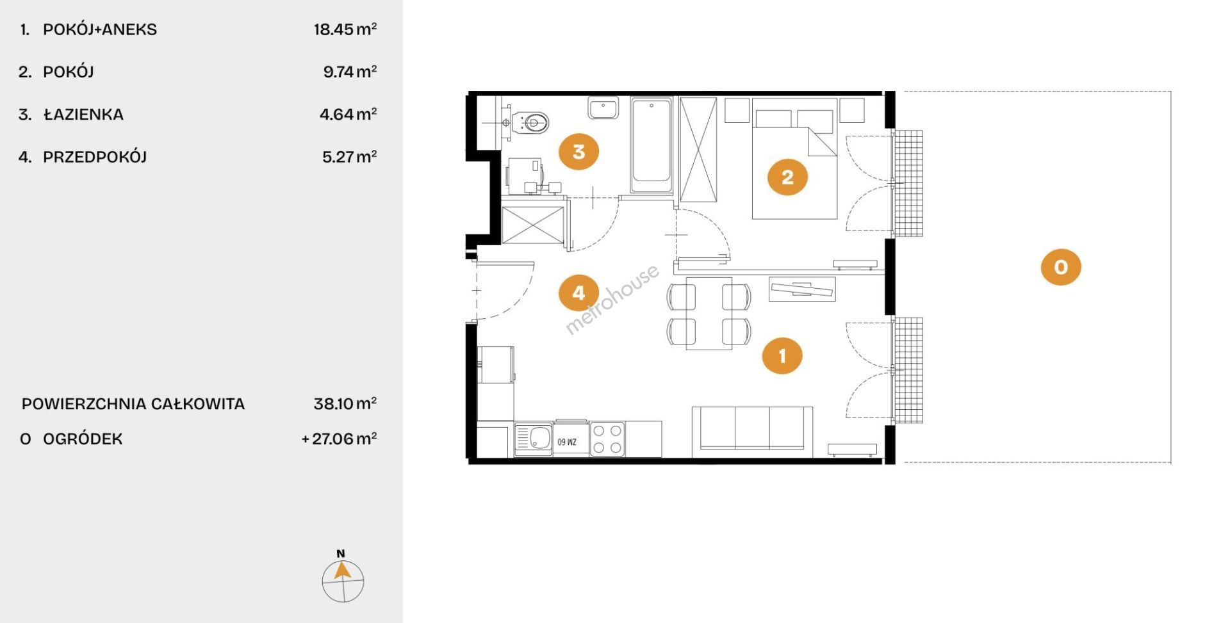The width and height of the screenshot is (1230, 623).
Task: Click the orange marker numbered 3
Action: click(x=578, y=152)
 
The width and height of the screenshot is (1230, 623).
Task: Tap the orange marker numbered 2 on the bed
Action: click(x=787, y=177)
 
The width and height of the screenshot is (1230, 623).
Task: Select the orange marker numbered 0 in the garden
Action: click(x=1061, y=266)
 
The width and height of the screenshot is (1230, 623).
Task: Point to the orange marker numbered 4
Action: click(x=578, y=293)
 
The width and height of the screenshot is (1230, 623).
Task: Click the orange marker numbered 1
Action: click(x=782, y=355)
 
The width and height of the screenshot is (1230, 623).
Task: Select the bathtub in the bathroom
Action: click(x=652, y=145)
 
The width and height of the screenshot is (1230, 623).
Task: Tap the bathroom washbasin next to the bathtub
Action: click(x=603, y=108)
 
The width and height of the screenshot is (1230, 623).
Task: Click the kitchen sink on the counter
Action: click(x=533, y=439)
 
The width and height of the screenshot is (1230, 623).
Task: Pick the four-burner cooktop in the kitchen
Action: click(x=607, y=439)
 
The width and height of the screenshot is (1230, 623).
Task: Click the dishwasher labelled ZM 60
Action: click(x=571, y=439)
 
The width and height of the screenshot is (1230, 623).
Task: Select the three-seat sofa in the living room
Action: click(x=752, y=432)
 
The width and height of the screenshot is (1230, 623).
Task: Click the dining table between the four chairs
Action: click(x=709, y=313)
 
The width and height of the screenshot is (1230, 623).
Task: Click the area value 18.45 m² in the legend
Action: click(x=345, y=29)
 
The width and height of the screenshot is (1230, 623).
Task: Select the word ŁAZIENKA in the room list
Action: click(x=83, y=115)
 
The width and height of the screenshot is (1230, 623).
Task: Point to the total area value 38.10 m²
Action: click(x=345, y=403)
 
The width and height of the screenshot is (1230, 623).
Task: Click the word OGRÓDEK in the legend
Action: click(x=83, y=439)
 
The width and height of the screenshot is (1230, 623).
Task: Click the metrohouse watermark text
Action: click(x=612, y=299)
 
